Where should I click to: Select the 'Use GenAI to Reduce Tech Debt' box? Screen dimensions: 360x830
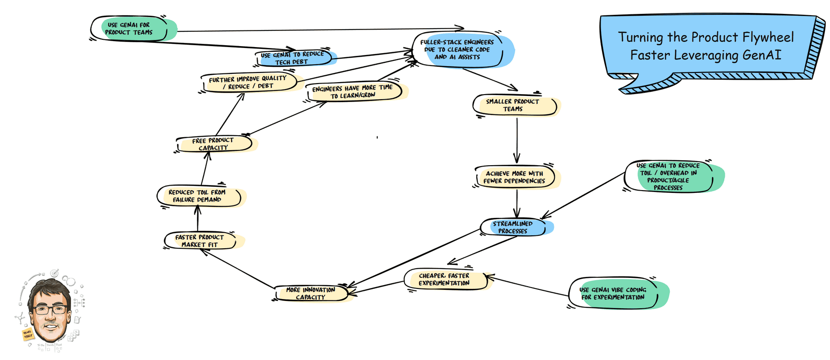[x=293, y=58]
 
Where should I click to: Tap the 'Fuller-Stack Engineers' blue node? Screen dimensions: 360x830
[x=458, y=49]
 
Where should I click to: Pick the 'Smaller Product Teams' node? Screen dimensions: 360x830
[x=513, y=105]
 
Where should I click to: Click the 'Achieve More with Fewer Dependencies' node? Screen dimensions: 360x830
[x=515, y=177]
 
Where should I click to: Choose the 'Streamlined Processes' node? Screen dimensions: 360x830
[x=513, y=227]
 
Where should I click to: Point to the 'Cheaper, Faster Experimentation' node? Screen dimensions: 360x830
[x=445, y=279]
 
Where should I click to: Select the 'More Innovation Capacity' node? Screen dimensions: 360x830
[x=311, y=294]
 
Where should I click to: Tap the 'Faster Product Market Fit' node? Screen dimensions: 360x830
[x=200, y=240]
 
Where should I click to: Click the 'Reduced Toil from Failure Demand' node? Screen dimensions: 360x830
[x=198, y=196]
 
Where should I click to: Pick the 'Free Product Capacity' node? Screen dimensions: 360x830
[x=214, y=144]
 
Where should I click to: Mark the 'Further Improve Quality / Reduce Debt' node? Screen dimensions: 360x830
[x=248, y=83]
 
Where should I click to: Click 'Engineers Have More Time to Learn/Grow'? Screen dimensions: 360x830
[x=353, y=91]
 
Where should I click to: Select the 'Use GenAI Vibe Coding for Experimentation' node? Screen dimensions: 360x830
[x=614, y=294]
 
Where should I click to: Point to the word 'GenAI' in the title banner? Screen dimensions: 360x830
[x=762, y=55]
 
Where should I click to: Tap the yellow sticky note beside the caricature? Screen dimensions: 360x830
[x=28, y=334]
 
